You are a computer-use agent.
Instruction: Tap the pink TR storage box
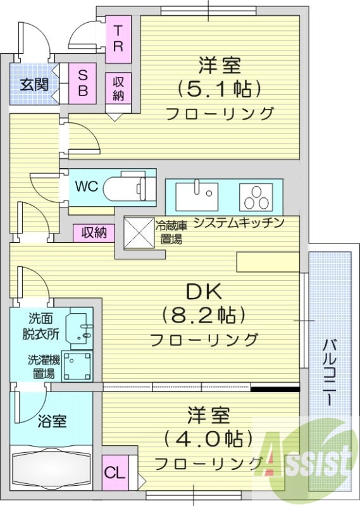pos(118,38)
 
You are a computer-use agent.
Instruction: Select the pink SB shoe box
pos(82,83)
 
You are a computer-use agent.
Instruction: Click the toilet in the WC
pos(129,187)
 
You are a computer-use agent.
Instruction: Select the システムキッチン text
pos(238,223)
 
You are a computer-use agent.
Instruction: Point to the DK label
pos(202,292)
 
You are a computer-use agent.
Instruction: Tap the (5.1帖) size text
pos(220,89)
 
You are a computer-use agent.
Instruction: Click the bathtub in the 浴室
pos(51,469)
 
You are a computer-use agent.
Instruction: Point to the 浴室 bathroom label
pos(52,420)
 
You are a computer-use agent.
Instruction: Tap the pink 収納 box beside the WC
pos(94,232)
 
